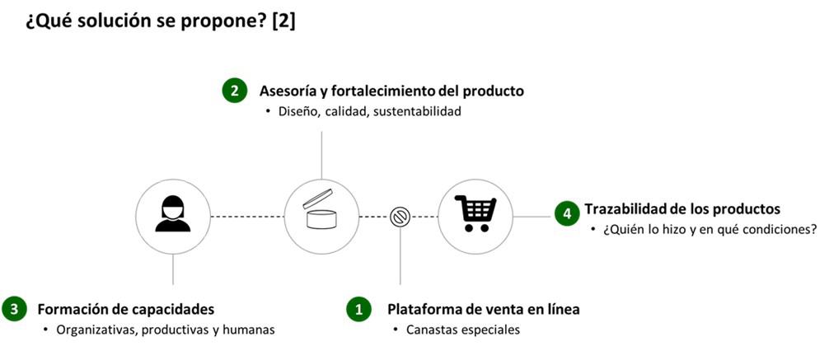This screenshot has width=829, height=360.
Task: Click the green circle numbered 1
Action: point(358,310)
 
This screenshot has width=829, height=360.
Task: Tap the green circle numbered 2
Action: point(235,91)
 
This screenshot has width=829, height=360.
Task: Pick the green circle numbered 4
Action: point(566,213)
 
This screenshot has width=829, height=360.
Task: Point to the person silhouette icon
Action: point(172,215)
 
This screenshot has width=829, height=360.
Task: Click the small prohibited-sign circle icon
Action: point(400,216)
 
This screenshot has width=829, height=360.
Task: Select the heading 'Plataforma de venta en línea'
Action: point(484,310)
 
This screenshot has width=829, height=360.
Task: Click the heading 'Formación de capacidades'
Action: point(126,310)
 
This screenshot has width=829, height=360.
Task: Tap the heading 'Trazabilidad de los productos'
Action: point(682,209)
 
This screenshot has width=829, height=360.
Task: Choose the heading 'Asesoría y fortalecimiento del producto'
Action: point(391,91)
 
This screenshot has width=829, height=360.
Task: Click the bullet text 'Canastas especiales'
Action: point(463,330)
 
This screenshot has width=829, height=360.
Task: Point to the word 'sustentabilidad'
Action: point(417,111)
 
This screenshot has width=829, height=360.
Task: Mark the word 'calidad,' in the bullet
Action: point(346,111)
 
